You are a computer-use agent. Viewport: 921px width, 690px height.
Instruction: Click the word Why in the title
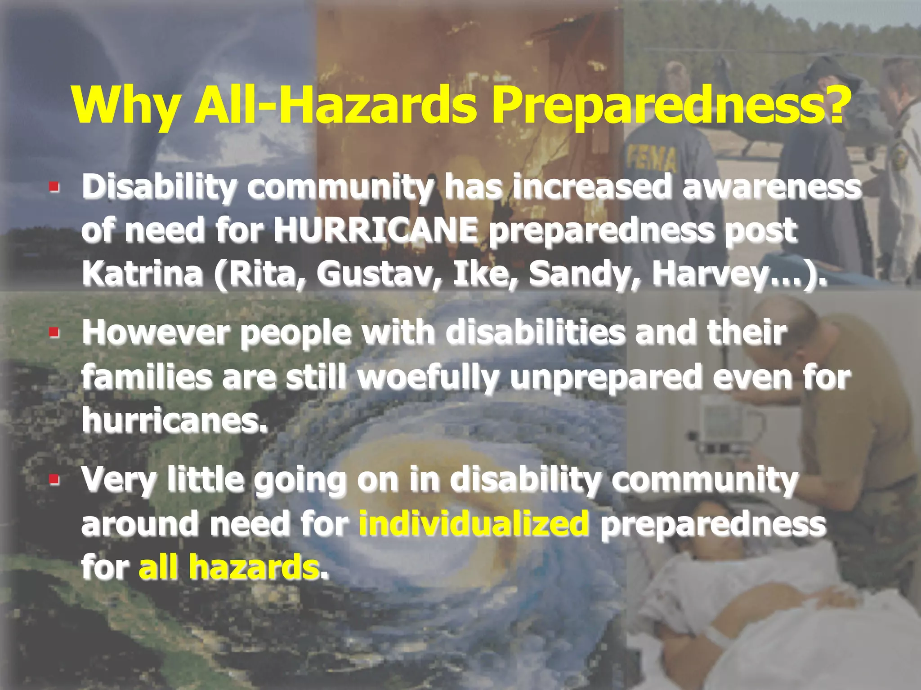pyautogui.click(x=125, y=106)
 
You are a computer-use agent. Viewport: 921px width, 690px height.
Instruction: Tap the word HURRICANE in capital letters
pyautogui.click(x=376, y=230)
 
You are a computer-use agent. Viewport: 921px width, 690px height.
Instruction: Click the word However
pyautogui.click(x=156, y=332)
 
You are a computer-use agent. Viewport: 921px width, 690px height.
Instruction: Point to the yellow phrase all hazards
pyautogui.click(x=229, y=567)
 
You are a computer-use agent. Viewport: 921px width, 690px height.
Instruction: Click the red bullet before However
pyautogui.click(x=54, y=333)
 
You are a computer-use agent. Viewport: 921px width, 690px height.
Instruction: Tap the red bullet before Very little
pyautogui.click(x=54, y=479)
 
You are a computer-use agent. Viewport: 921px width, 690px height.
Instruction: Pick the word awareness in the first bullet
pyautogui.click(x=771, y=187)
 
